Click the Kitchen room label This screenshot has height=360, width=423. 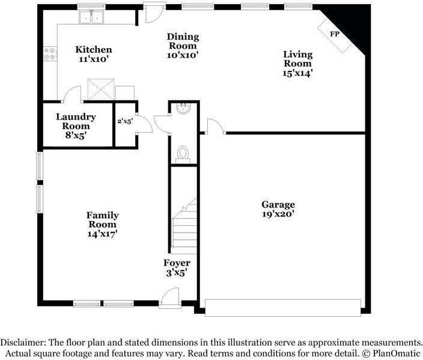point(93,49)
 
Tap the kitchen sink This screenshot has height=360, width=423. point(91,19)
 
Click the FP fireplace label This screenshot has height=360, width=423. point(335,34)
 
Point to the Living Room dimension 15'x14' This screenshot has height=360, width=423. point(299,73)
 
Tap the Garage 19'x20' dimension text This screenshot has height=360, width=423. point(278,213)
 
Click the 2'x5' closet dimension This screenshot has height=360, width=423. point(125,121)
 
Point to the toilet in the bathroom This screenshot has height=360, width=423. point(183,154)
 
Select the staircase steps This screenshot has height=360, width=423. point(184,228)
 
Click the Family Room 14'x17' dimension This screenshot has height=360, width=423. point(102,234)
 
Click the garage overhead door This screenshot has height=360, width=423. point(282,307)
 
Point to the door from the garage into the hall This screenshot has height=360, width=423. point(213,126)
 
